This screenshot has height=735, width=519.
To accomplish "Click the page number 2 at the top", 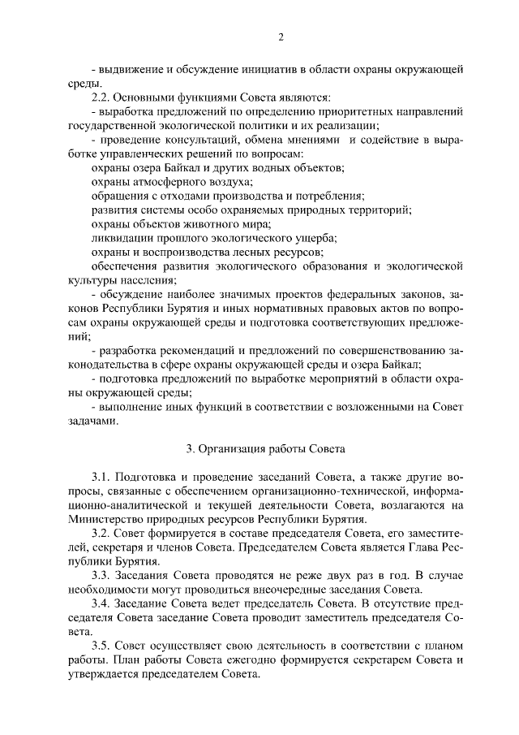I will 280,37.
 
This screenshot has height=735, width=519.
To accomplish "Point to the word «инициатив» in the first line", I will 260,68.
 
